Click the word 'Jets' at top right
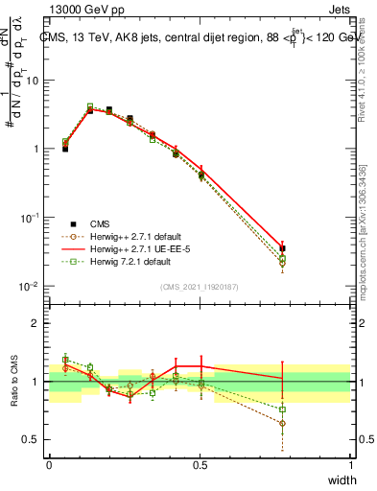[x=337, y=9]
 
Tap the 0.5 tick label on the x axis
[x=200, y=465]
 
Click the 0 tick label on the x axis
[x=49, y=465]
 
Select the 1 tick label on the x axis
[x=350, y=465]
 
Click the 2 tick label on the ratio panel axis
[x=36, y=323]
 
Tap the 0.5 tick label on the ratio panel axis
[x=32, y=440]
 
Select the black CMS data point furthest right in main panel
[x=282, y=248]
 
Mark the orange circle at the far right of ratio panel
[x=282, y=423]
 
